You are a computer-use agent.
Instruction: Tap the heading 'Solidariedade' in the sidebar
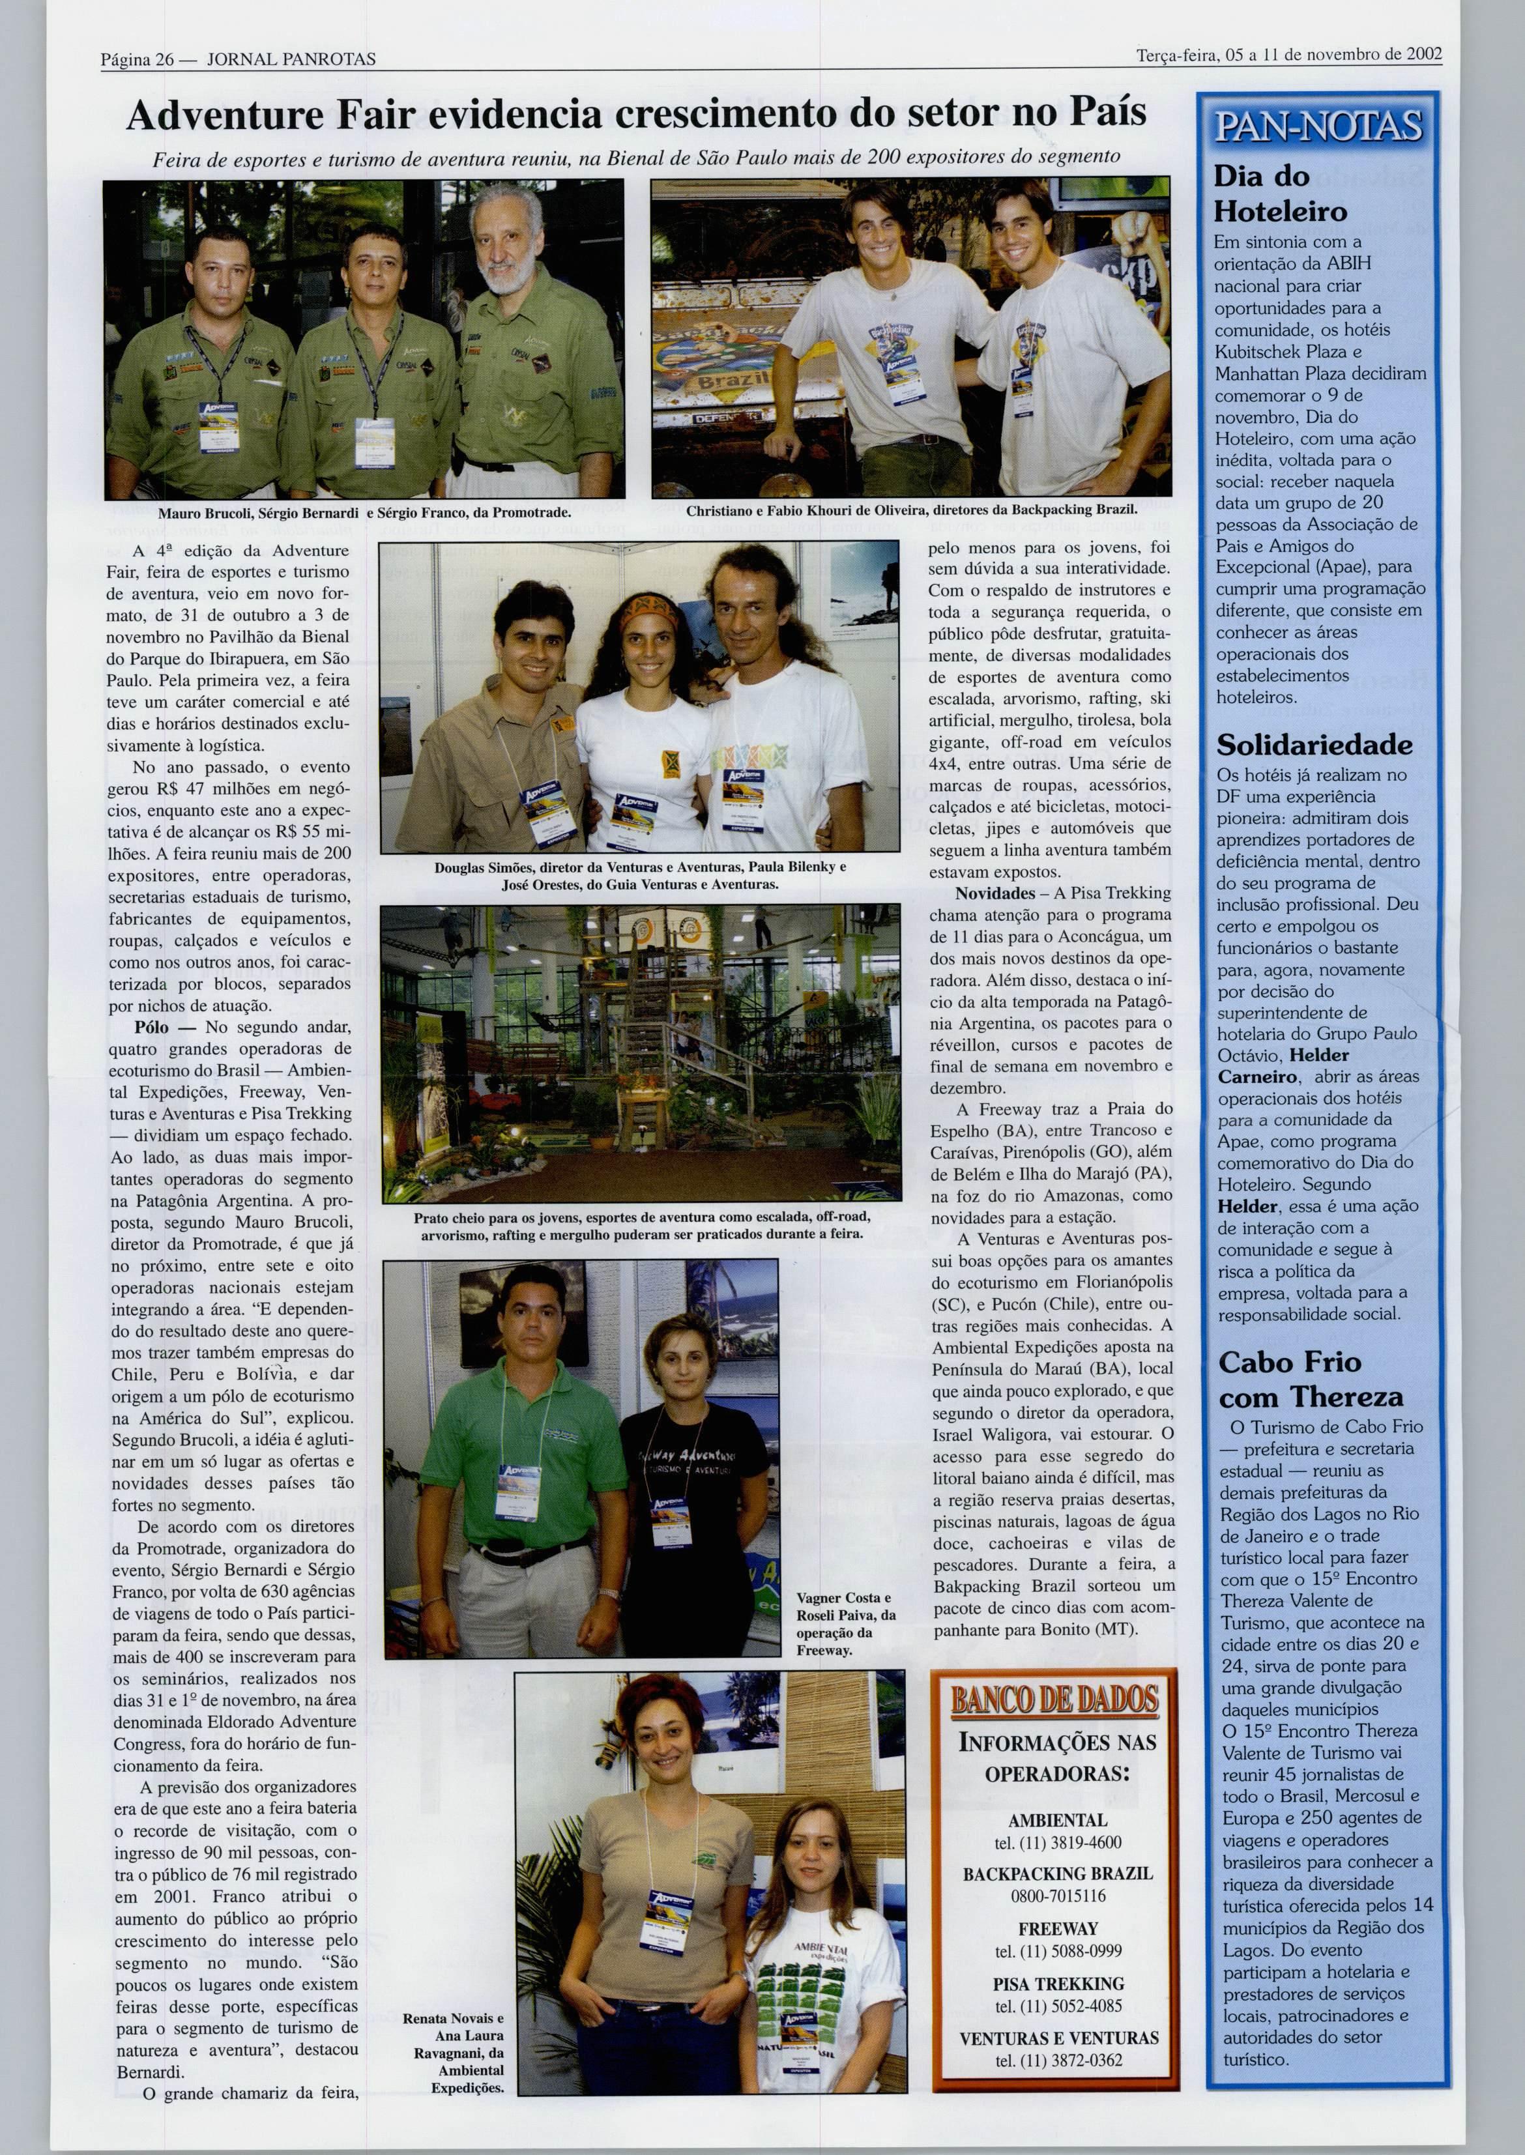click(x=1314, y=745)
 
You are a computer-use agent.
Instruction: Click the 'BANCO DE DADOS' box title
click(x=1054, y=1699)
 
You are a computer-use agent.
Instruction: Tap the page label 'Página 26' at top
click(x=138, y=59)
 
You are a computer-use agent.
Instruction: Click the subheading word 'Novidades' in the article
click(x=995, y=893)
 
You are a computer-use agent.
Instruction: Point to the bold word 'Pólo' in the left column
click(x=151, y=1027)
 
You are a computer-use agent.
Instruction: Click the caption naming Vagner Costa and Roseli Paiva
click(x=845, y=1623)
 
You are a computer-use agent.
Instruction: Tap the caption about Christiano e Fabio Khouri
click(x=911, y=511)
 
